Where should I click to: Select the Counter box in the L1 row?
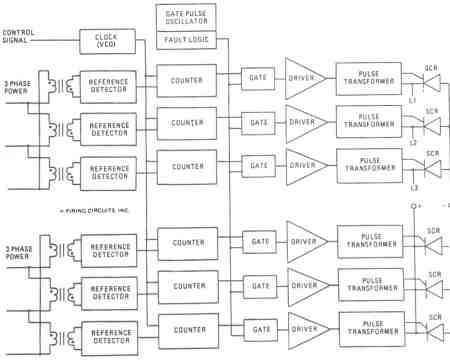(x=187, y=79)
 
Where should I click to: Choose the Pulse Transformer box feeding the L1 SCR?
(x=364, y=78)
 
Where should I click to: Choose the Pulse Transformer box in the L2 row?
(x=364, y=122)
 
